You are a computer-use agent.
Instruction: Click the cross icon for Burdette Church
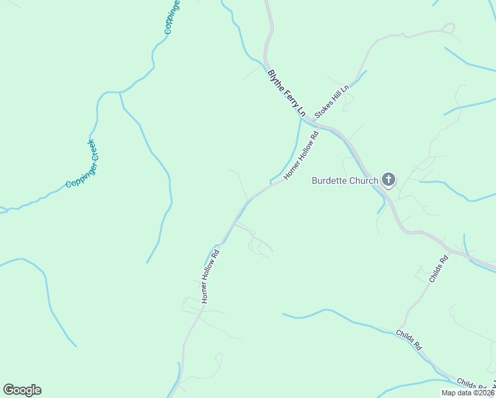click(389, 180)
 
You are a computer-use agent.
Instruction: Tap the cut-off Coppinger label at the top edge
click(172, 17)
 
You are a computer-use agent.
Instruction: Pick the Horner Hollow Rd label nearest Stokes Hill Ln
click(302, 155)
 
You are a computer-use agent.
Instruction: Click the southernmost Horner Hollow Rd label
click(210, 276)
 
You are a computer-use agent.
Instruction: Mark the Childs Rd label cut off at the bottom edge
click(472, 384)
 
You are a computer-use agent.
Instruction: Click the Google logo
click(22, 390)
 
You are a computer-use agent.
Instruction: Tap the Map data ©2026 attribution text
click(467, 393)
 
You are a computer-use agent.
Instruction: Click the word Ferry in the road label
click(287, 96)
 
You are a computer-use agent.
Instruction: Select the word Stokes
click(323, 109)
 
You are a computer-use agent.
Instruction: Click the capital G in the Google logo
click(9, 390)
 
